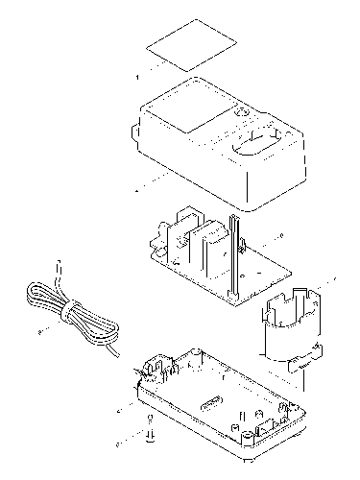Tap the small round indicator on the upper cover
click(241, 115)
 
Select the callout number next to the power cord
click(39, 331)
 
